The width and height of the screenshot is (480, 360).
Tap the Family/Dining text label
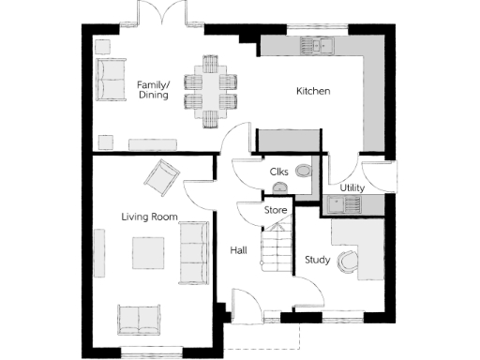coord(152,89)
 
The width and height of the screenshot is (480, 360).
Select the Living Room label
coord(149,217)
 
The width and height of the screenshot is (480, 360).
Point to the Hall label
coord(238,251)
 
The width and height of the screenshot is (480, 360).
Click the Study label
coord(317,260)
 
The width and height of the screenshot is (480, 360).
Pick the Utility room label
coord(352,187)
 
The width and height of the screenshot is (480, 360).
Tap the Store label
coord(276,210)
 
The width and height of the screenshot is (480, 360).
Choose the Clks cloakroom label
coord(278,172)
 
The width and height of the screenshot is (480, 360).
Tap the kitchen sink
coord(315,44)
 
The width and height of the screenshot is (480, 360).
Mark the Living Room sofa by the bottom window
coord(139,319)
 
